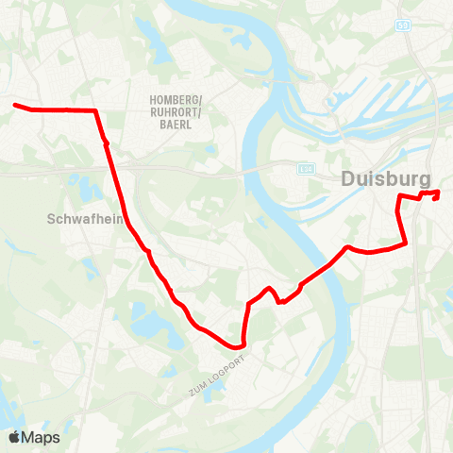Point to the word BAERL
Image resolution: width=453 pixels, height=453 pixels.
pos(176,124)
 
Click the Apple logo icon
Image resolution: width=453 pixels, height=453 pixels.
pos(15,437)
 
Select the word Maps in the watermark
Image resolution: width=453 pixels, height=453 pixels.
pos(42,437)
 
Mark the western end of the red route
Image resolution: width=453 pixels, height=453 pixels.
pos(15,105)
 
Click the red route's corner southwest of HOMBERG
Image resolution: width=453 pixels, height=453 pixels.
pos(97,111)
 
